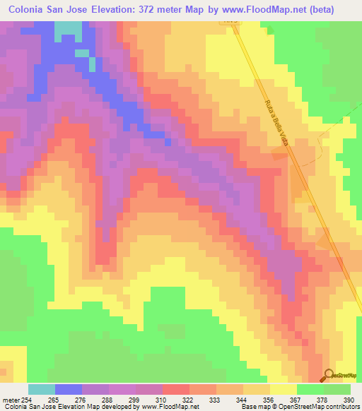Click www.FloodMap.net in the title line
[x=273, y=9]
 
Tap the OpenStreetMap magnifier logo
[x=328, y=375]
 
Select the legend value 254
[x=25, y=399]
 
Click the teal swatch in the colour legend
[x=42, y=389]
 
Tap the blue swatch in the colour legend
[x=69, y=389]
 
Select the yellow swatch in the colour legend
[x=284, y=389]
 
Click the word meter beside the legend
[x=9, y=399]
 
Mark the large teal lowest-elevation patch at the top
[x=68, y=28]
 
